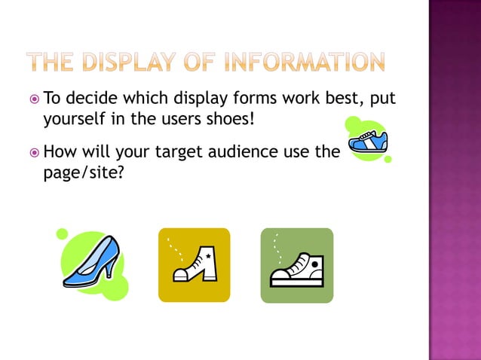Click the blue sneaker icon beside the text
pyautogui.click(x=368, y=141)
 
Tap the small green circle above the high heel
pyautogui.click(x=62, y=234)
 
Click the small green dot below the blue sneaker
pyautogui.click(x=388, y=160)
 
